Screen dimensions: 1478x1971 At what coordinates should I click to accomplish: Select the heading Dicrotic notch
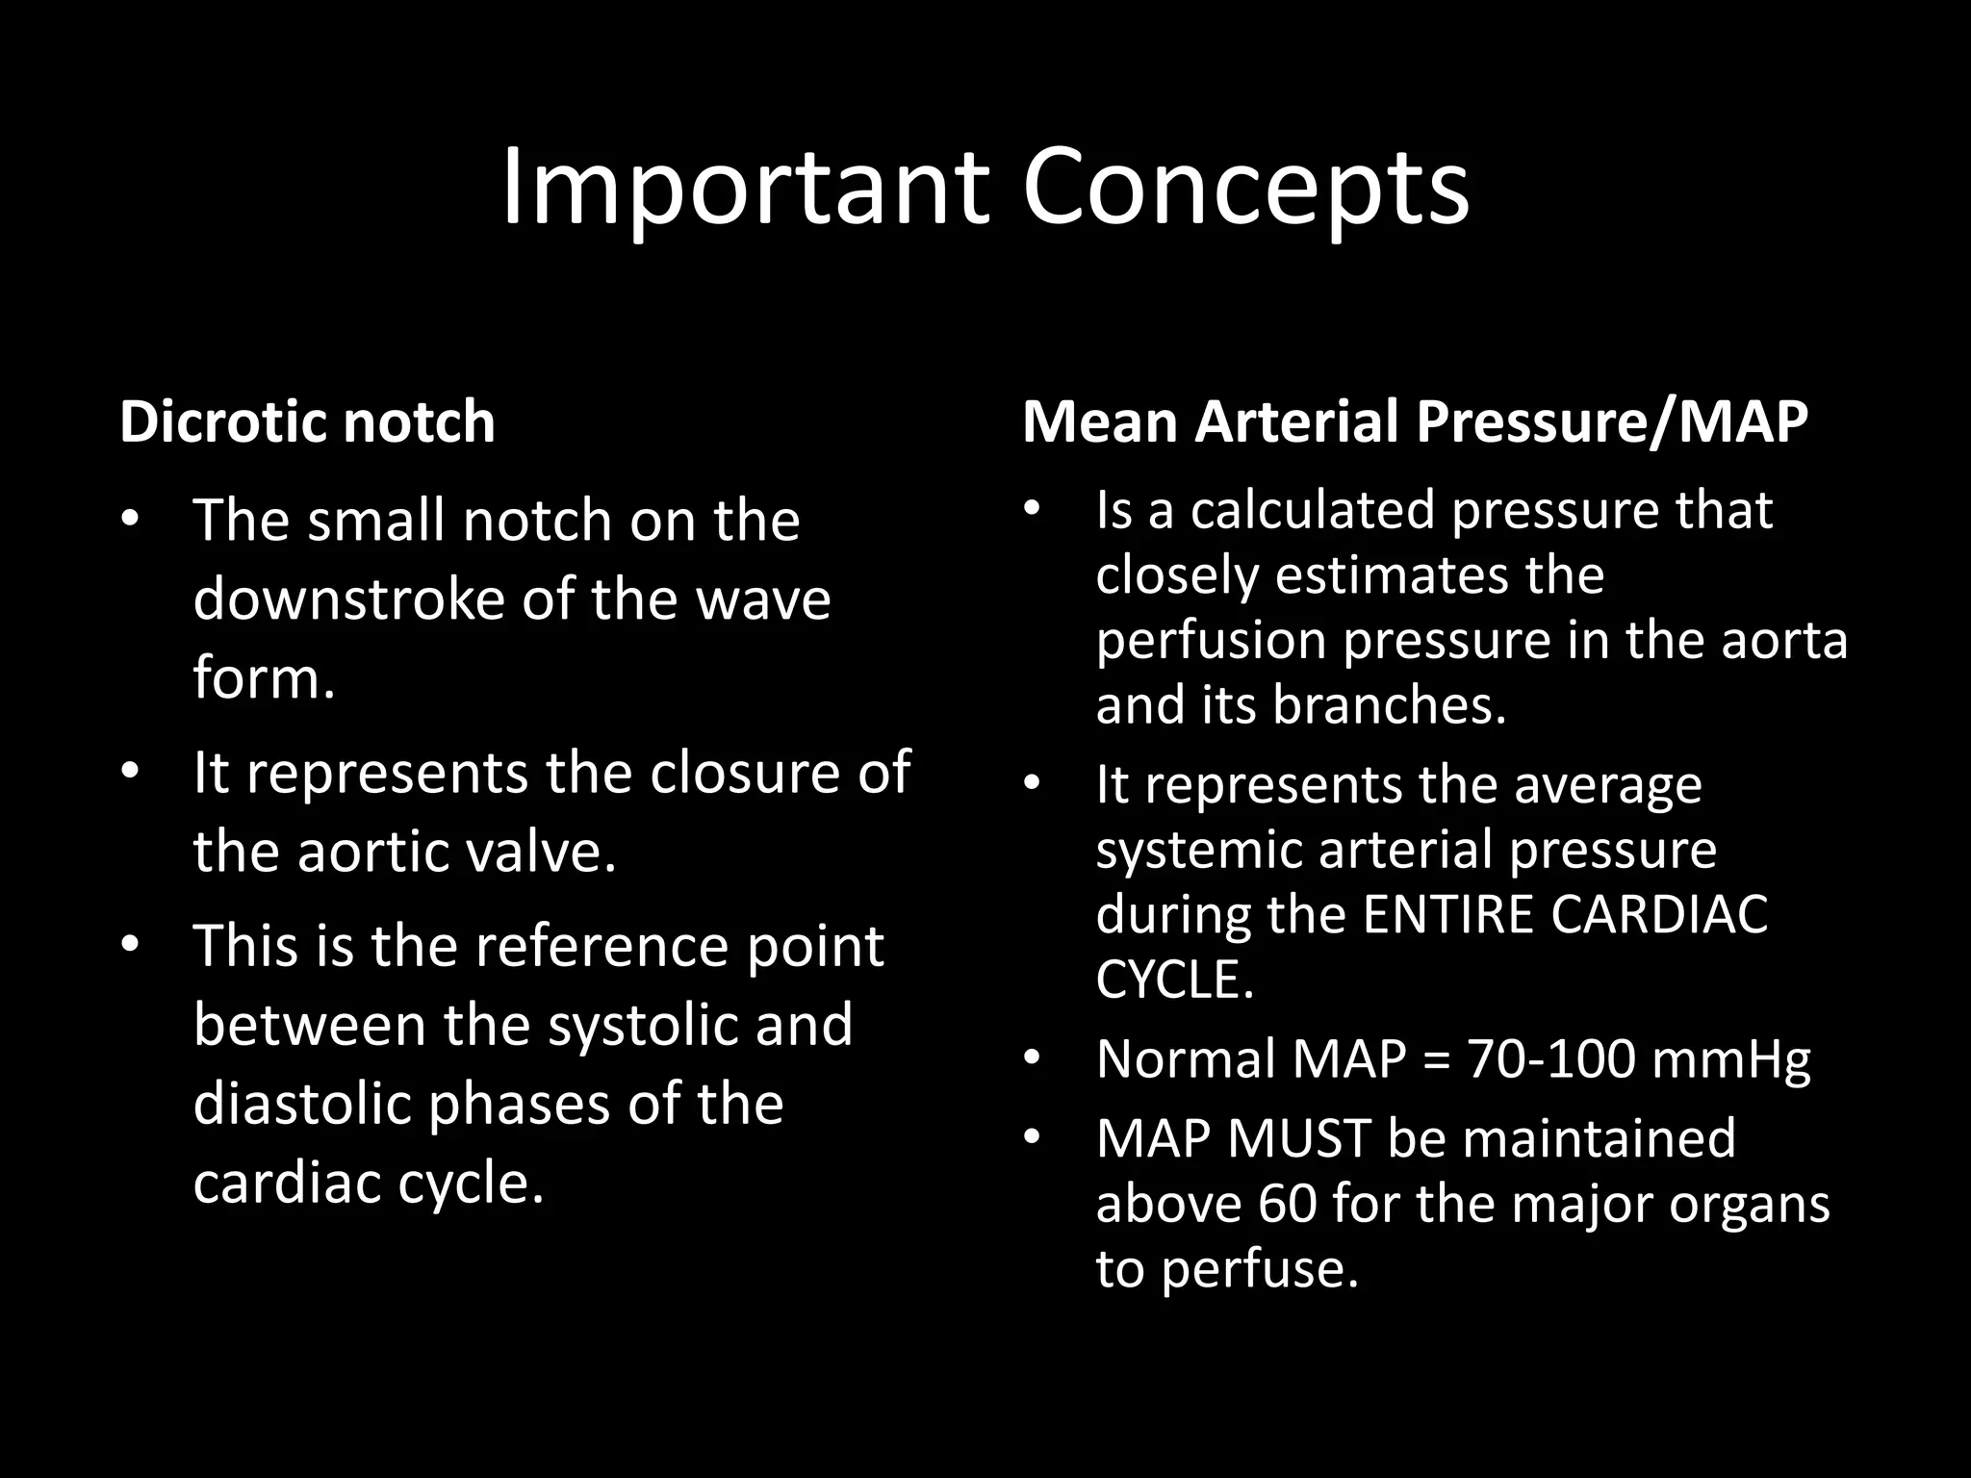(307, 421)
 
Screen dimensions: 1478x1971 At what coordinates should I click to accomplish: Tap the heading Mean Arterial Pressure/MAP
(1415, 421)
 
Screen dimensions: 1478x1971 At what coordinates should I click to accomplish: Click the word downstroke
(349, 599)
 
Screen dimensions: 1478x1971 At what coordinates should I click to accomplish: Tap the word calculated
(1314, 510)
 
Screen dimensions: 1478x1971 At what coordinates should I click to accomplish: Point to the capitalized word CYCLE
(1174, 980)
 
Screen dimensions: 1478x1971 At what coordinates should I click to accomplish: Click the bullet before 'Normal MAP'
(1032, 1059)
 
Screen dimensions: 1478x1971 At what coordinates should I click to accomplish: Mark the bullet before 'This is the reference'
(131, 944)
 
